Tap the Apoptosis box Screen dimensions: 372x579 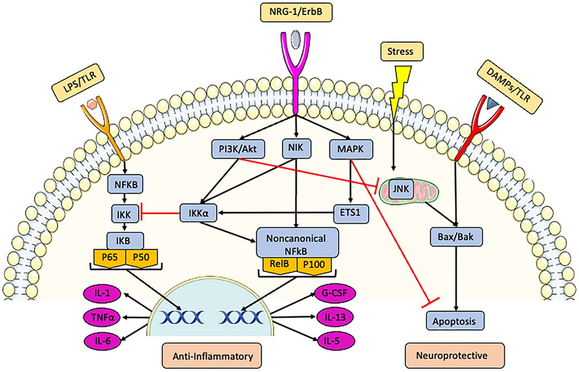(455, 319)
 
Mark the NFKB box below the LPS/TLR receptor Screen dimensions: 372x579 (126, 184)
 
